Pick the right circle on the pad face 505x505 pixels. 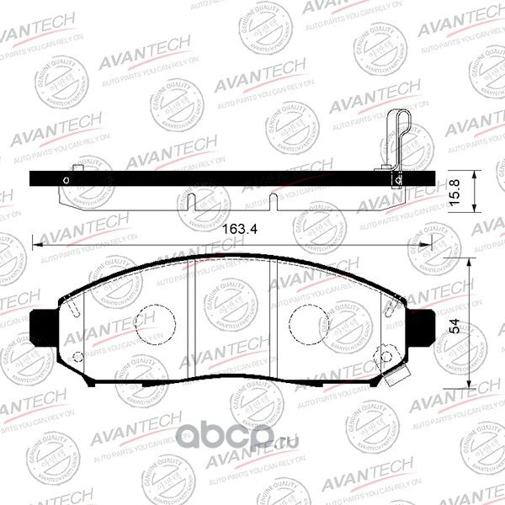click(x=306, y=321)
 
